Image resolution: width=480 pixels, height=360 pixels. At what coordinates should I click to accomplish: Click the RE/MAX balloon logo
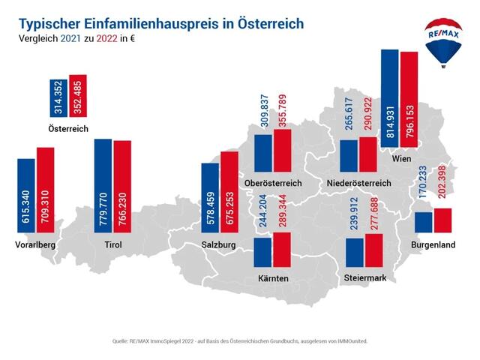pyautogui.click(x=444, y=41)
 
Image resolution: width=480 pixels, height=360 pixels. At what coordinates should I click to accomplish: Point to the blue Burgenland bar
pyautogui.click(x=424, y=222)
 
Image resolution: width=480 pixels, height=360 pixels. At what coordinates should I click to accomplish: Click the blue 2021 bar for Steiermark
pyautogui.click(x=355, y=252)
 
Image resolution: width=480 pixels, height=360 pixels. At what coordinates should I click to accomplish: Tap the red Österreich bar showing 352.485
pyautogui.click(x=78, y=97)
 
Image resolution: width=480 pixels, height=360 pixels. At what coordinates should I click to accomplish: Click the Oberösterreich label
pyautogui.click(x=273, y=183)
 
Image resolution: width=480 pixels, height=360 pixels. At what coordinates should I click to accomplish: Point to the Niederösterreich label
pyautogui.click(x=358, y=183)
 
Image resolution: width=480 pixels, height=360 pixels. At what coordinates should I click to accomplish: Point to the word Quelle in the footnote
pyautogui.click(x=119, y=340)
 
